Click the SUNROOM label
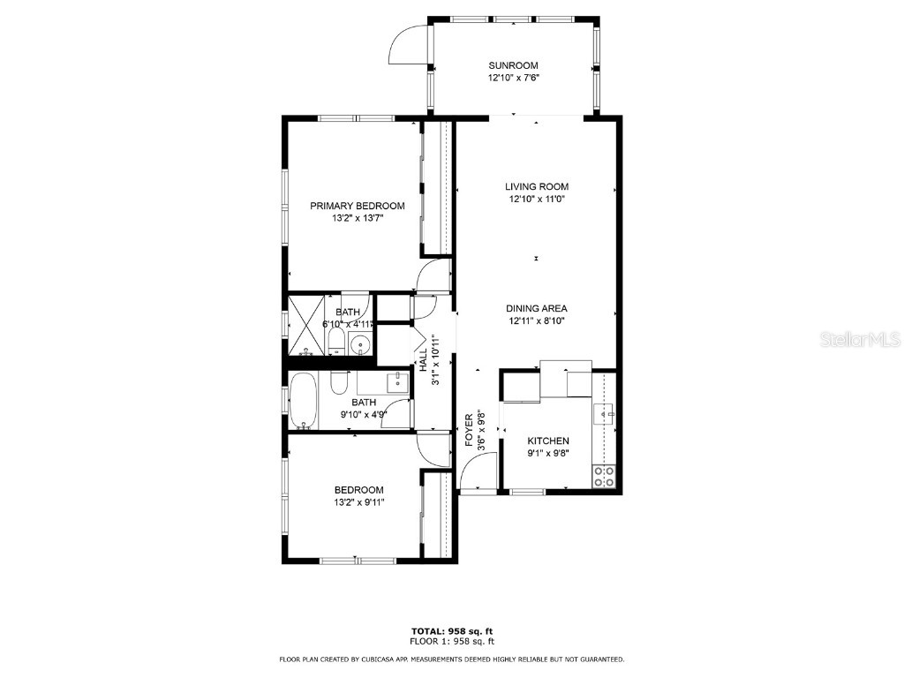click(x=513, y=65)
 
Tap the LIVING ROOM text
click(x=536, y=186)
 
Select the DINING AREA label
click(x=536, y=308)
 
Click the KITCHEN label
click(x=547, y=441)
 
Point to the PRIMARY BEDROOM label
click(x=357, y=206)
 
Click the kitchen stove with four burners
click(x=605, y=477)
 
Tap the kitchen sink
click(x=606, y=412)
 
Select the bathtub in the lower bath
click(x=305, y=400)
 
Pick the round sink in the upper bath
click(x=359, y=344)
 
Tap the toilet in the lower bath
click(x=339, y=383)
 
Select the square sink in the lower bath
click(x=397, y=382)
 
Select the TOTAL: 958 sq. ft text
click(x=452, y=630)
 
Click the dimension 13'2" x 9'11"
click(x=358, y=502)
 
